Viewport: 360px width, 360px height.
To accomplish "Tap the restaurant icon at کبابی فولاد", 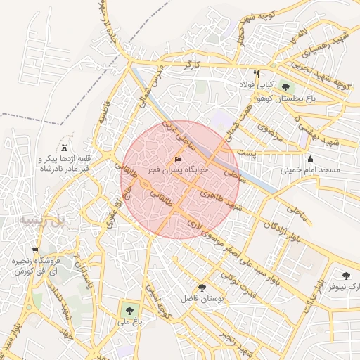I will click(x=257, y=73).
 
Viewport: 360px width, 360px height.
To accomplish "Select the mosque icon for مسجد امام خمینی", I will click(x=310, y=159).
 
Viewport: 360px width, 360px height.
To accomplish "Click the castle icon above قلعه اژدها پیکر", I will click(x=65, y=148).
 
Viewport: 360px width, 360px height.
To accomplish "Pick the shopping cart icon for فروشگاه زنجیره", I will click(x=34, y=250).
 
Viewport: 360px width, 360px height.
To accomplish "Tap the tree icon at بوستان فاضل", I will click(x=202, y=287).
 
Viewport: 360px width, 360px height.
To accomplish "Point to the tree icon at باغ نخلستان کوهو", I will click(x=285, y=86).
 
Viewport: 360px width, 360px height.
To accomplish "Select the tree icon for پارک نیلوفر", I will click(x=345, y=276).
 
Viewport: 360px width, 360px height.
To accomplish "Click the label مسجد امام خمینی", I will click(x=310, y=170).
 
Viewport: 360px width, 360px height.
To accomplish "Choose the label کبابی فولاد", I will click(x=257, y=85).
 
